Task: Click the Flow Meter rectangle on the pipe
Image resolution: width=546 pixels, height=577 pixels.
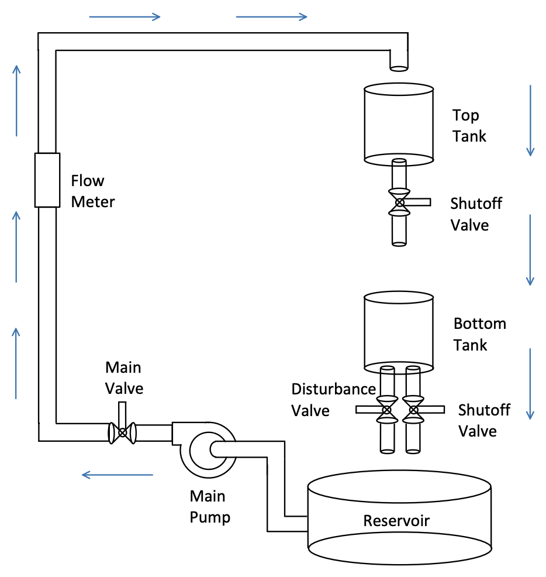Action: (x=47, y=180)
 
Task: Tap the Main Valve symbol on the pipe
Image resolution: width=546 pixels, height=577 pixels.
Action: (x=122, y=432)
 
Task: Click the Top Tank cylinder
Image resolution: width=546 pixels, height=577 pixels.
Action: (x=399, y=123)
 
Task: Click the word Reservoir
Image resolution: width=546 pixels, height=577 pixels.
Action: (x=396, y=521)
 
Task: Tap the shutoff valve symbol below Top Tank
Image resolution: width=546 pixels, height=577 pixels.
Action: (x=400, y=202)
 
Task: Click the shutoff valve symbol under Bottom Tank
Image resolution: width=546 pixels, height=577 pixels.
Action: (x=413, y=410)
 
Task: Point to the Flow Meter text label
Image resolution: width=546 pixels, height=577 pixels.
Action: (x=92, y=191)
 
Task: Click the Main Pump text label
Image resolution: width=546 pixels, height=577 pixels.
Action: (x=209, y=507)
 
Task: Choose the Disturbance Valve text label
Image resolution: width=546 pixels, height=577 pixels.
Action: (x=333, y=400)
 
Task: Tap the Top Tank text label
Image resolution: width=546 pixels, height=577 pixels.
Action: (x=469, y=126)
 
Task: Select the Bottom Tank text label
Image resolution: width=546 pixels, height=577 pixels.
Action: (x=479, y=334)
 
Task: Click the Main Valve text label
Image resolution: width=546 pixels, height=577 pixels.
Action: (x=123, y=377)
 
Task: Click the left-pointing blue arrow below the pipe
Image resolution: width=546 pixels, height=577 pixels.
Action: (x=117, y=475)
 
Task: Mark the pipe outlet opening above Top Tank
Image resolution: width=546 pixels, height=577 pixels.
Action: (x=399, y=68)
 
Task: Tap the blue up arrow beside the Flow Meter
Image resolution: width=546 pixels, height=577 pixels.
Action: (x=16, y=246)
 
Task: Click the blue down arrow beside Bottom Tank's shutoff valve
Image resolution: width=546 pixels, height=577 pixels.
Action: (x=530, y=383)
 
